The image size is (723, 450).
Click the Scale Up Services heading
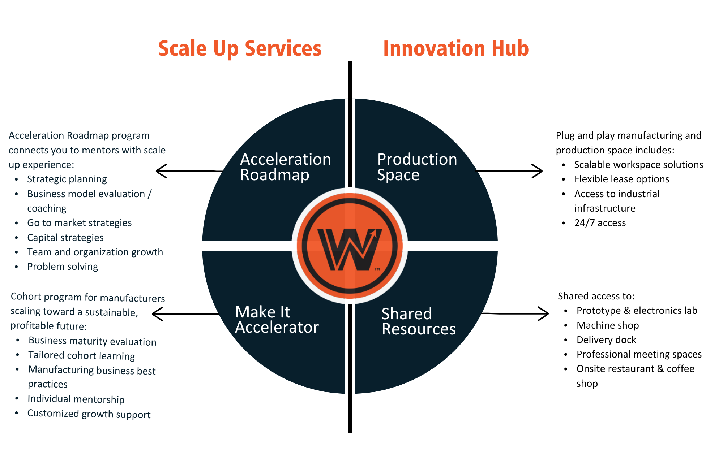coord(240,49)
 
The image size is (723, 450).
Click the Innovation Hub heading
coord(456,49)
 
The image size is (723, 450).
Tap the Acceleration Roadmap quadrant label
coord(286,167)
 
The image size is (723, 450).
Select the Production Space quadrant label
coord(417,167)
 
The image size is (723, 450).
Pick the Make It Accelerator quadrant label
coord(277,320)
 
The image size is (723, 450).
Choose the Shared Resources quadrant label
coord(419,321)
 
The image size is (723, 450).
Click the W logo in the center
coord(350,246)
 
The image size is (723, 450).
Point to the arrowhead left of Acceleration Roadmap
coord(161,171)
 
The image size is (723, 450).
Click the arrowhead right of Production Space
coord(538,171)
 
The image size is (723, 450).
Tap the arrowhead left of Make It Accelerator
coord(157,314)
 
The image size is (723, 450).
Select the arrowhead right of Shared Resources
coord(544,313)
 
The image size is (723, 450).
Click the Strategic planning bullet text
coord(67,179)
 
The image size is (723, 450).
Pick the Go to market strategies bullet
coord(79,223)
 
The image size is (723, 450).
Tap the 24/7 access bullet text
coord(600,223)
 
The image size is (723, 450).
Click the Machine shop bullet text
coord(608,325)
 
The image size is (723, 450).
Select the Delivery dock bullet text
coord(606,340)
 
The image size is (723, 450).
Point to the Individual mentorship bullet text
coord(76,399)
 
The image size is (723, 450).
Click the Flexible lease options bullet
coord(621,179)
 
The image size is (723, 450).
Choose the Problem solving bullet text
coord(63,267)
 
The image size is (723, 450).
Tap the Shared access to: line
coord(596,296)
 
